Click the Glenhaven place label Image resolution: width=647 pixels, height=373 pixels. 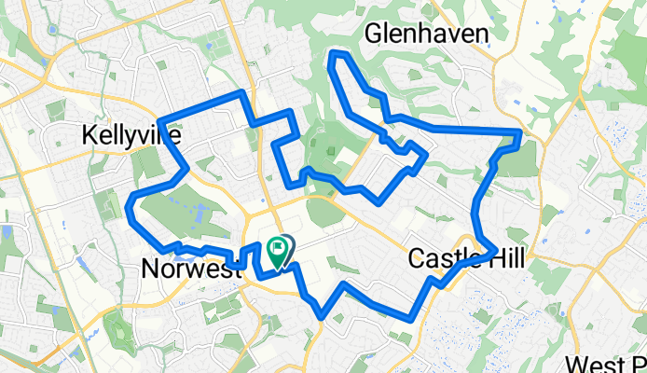427,35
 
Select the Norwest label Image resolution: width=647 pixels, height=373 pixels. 190,269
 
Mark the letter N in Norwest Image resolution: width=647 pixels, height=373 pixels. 150,269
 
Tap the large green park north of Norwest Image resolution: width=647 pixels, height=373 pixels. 186,205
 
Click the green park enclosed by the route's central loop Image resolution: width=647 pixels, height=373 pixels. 326,149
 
